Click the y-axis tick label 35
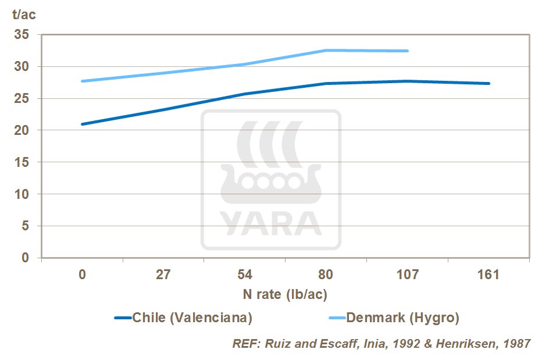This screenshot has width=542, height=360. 22,35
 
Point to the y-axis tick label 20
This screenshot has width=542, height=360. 22,130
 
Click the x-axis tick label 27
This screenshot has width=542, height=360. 163,275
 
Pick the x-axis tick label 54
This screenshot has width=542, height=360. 245,275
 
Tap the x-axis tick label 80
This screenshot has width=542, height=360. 326,275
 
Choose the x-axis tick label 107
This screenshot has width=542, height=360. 408,275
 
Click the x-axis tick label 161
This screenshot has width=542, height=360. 489,275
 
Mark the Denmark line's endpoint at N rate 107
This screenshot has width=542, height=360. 408,51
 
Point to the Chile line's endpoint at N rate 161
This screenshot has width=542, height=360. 489,83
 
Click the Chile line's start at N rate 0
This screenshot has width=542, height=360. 83,124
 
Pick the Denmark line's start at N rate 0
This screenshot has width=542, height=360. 83,81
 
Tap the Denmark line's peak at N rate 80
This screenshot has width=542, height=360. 326,51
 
